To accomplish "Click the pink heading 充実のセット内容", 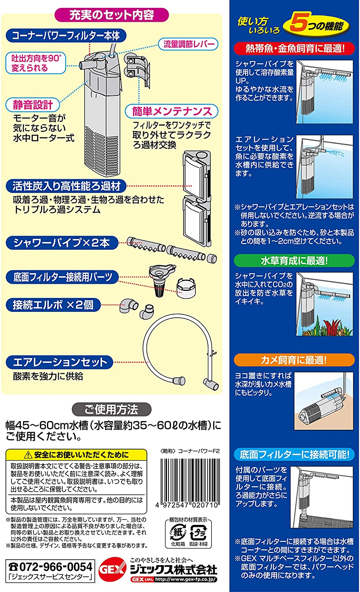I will pyautogui.click(x=112, y=15).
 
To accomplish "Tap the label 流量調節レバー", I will pyautogui.click(x=189, y=44).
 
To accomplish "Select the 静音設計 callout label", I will pyautogui.click(x=33, y=105).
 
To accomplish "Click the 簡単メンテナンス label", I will pyautogui.click(x=172, y=111).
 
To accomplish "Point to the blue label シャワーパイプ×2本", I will pyautogui.click(x=62, y=242).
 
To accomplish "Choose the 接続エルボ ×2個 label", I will pyautogui.click(x=53, y=305).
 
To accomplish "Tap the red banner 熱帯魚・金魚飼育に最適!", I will pyautogui.click(x=294, y=49).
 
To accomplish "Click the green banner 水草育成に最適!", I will pyautogui.click(x=294, y=260).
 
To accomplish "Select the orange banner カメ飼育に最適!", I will pyautogui.click(x=294, y=360).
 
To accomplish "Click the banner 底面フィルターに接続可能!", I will pyautogui.click(x=294, y=454).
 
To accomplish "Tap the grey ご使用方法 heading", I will pyautogui.click(x=112, y=410).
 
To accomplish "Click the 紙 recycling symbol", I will pyautogui.click(x=178, y=533).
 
